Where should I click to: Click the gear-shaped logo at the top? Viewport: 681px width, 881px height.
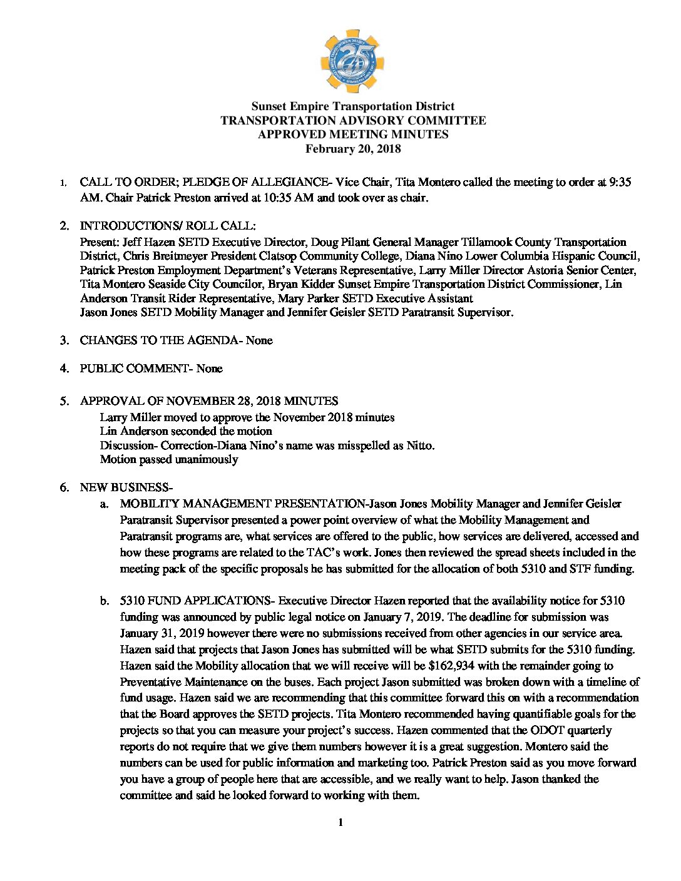coord(352,61)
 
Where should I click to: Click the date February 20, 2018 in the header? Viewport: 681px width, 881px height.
coord(353,149)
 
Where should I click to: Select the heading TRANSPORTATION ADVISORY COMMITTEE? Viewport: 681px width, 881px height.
coord(353,120)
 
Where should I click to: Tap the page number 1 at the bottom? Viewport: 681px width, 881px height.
coord(340,822)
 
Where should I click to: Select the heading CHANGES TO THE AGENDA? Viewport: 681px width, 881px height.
coord(159,340)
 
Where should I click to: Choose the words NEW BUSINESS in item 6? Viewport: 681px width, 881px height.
coord(124,487)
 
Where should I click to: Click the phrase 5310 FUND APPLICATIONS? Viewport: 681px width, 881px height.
coord(194,601)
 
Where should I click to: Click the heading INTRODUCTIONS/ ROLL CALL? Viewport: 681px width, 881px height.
coord(167,226)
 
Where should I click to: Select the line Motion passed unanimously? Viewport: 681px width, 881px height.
coord(169,459)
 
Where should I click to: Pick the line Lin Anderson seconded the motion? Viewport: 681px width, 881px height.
coord(186,431)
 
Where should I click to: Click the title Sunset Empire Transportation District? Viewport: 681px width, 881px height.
coord(353,106)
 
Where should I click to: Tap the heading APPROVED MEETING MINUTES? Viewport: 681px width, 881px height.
coord(353,135)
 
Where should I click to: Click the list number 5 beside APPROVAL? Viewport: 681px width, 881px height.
coord(64,401)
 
